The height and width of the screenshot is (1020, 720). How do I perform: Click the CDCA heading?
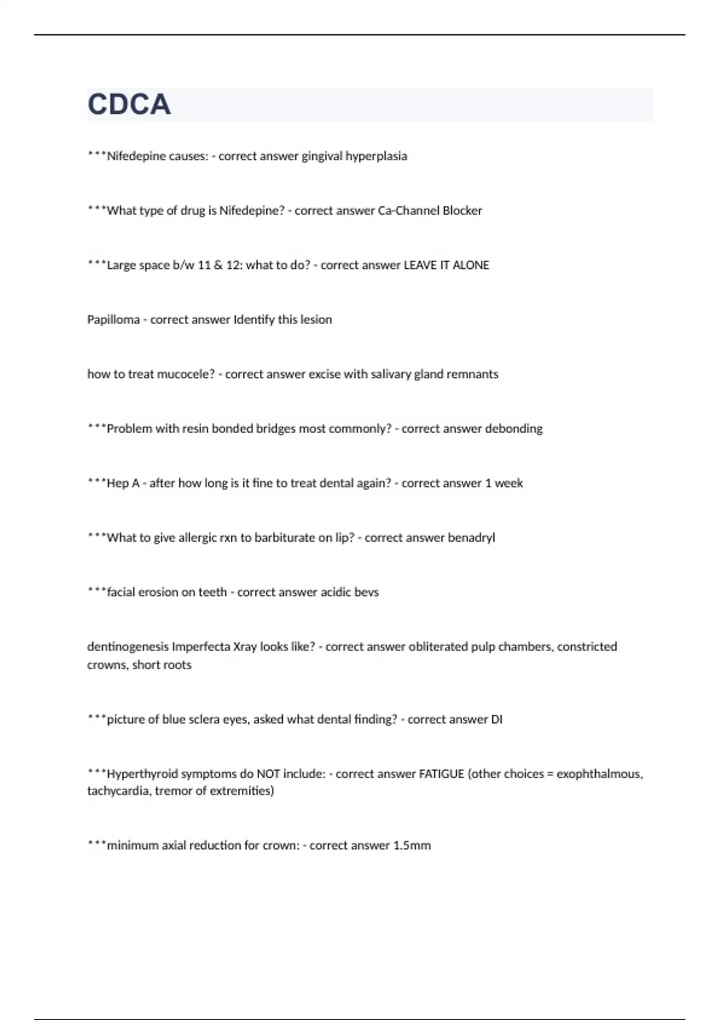[x=129, y=104]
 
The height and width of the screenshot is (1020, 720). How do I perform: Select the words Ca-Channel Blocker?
[x=430, y=211]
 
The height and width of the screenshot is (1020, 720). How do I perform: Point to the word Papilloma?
[x=113, y=320]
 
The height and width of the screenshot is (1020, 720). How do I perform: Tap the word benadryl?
[x=471, y=538]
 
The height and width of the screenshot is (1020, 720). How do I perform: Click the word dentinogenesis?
[x=128, y=647]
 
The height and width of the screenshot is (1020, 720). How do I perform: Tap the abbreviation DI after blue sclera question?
[x=496, y=719]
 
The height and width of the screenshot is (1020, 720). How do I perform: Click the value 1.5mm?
[x=412, y=846]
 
